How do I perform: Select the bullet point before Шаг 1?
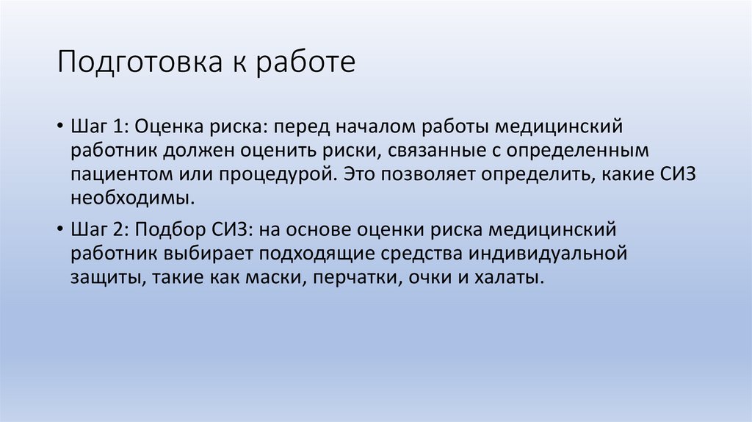pos(59,126)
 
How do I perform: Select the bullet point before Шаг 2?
pos(59,230)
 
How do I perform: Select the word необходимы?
pos(133,199)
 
